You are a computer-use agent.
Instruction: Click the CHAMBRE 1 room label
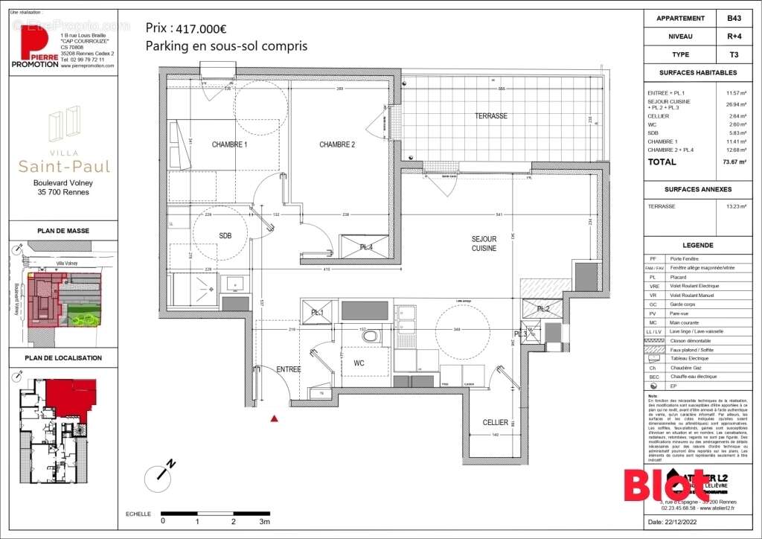[x=228, y=144]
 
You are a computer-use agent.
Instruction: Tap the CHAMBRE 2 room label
[x=337, y=144]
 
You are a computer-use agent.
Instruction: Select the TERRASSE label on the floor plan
[x=491, y=116]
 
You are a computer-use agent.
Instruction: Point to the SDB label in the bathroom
[x=225, y=235]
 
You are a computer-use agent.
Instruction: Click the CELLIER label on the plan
[x=495, y=422]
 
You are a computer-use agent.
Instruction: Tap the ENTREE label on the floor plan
[x=288, y=369]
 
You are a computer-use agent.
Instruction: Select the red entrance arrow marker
[x=275, y=419]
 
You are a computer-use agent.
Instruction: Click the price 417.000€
[x=199, y=29]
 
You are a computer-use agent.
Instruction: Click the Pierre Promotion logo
[x=35, y=48]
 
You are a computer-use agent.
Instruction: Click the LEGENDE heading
[x=698, y=245]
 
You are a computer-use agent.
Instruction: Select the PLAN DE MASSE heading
[x=63, y=231]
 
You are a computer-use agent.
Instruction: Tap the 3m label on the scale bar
[x=264, y=522]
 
